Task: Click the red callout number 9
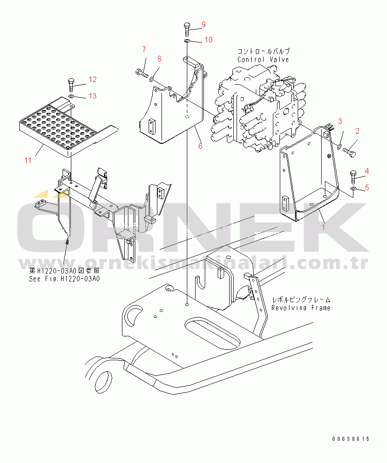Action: point(203,25)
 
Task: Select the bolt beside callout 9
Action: point(187,29)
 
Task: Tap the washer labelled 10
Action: point(187,41)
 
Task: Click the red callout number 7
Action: point(144,49)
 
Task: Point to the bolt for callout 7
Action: point(142,72)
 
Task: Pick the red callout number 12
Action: point(92,79)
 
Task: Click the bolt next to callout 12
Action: point(71,85)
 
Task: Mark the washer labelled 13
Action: point(71,96)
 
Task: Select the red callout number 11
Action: point(28,160)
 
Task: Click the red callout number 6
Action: point(200,146)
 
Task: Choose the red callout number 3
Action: point(340,121)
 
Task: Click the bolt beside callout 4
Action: point(353,177)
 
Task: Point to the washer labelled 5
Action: point(353,189)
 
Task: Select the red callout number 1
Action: point(323,227)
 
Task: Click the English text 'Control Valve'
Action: point(263,59)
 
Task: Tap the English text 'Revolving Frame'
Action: point(301,308)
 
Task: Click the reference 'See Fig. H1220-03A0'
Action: point(64,279)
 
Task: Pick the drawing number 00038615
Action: point(351,439)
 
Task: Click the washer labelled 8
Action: point(152,78)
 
